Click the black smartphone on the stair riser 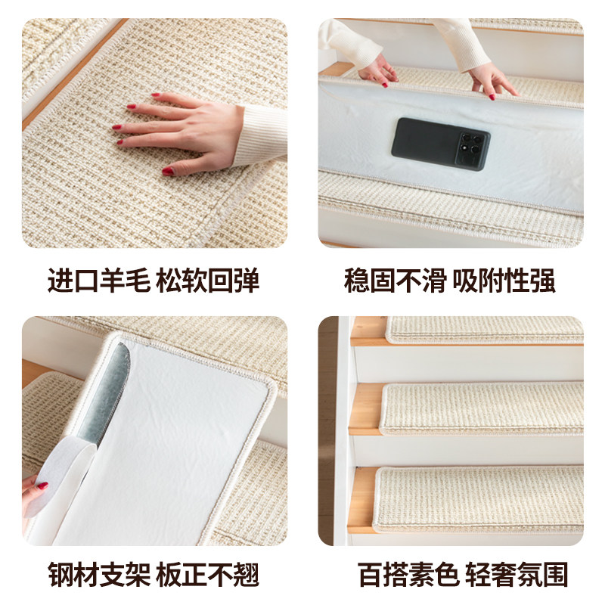439,144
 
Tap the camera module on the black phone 470,147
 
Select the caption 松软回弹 208,281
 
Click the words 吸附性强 504,281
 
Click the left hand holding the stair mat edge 378,70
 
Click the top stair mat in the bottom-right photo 484,330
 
